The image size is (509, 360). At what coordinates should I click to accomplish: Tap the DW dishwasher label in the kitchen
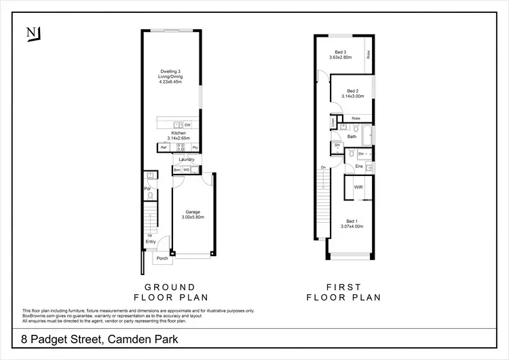pyautogui.click(x=187, y=126)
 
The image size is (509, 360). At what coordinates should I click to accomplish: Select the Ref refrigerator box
pyautogui.click(x=164, y=147)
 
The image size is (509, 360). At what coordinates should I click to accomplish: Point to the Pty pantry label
pyautogui.click(x=195, y=147)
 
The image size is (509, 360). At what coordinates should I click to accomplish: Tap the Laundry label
pyautogui.click(x=187, y=160)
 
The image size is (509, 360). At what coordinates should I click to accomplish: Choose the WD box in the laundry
pyautogui.click(x=186, y=170)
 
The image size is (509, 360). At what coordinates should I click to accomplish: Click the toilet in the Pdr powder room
pyautogui.click(x=150, y=197)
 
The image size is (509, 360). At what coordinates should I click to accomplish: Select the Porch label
pyautogui.click(x=162, y=259)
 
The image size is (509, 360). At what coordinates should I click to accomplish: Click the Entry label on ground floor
pyautogui.click(x=150, y=241)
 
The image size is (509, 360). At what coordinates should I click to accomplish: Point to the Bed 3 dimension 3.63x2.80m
pyautogui.click(x=341, y=58)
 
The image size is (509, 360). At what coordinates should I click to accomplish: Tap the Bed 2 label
pyautogui.click(x=352, y=90)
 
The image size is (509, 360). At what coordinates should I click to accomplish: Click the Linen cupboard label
pyautogui.click(x=333, y=122)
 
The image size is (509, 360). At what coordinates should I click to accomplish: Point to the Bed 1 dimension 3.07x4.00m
pyautogui.click(x=352, y=226)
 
